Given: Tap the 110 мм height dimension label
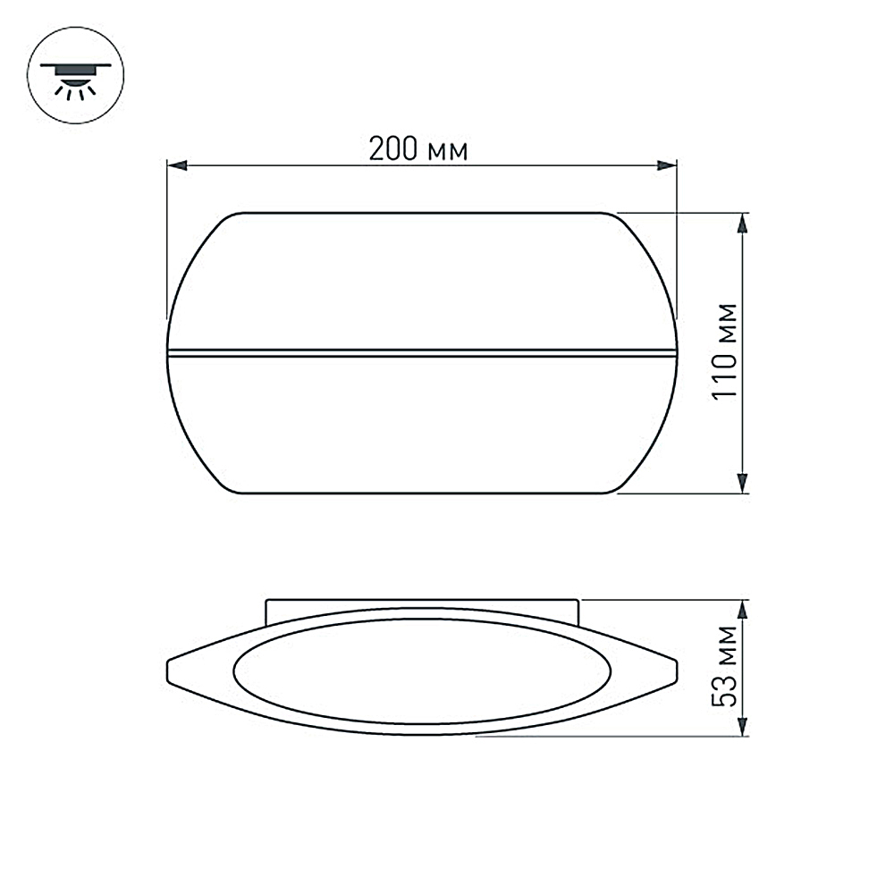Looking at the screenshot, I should tap(727, 351).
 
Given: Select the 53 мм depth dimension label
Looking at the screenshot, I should tap(728, 667).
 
